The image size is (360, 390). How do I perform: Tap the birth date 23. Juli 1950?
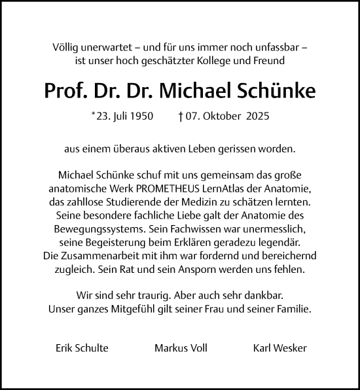pyautogui.click(x=125, y=117)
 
